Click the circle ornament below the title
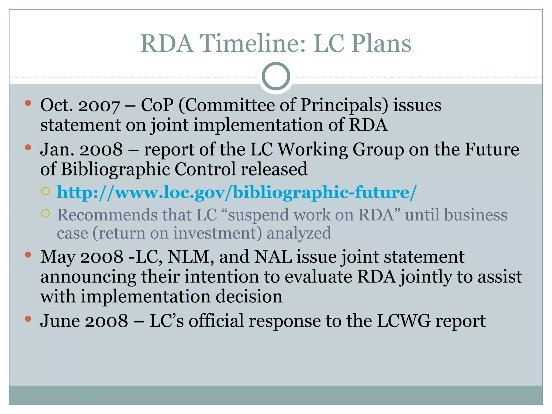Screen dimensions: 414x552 point(276,76)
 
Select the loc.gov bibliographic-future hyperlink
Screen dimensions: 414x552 point(237,192)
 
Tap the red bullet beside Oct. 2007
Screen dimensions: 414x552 point(28,103)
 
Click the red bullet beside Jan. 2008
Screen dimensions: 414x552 point(28,147)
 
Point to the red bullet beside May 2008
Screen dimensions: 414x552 point(28,255)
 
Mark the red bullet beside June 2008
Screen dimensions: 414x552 point(28,319)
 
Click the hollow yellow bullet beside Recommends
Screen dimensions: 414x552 point(46,213)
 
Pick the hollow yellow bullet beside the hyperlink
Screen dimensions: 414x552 point(46,191)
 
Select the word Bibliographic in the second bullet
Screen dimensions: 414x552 point(115,169)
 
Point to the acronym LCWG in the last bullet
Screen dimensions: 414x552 point(403,321)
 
